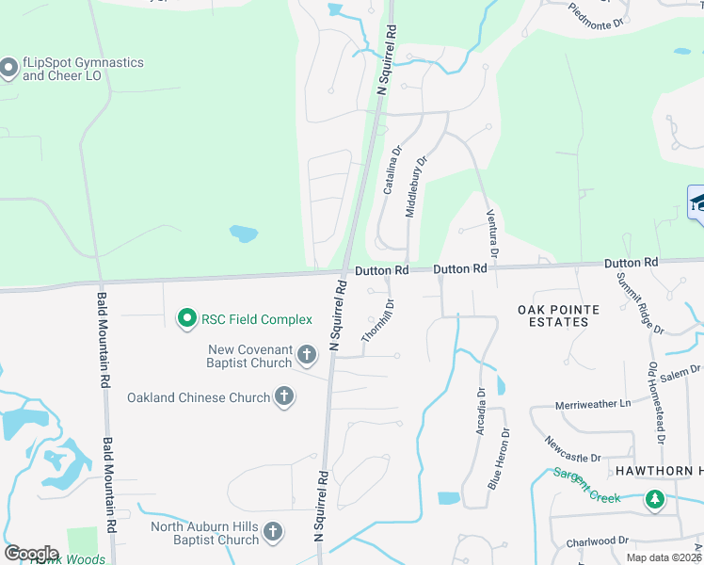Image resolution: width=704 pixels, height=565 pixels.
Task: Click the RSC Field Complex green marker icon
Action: [186, 319]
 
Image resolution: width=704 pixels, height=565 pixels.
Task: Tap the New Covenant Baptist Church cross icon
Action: [306, 356]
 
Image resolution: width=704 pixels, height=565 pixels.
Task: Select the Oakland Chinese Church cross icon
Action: [284, 397]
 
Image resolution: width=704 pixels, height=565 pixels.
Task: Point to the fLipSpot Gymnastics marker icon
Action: [9, 68]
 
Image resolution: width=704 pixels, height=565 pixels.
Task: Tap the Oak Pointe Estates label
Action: [552, 315]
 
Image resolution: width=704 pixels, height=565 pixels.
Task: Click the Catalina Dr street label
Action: [391, 169]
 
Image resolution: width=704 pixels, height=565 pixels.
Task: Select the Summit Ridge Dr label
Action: [640, 303]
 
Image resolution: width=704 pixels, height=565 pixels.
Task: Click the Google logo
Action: [32, 554]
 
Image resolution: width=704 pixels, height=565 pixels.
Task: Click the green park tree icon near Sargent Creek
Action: [654, 499]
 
